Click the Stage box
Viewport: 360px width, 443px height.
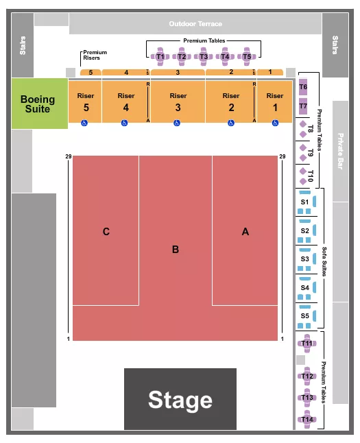point(180,399)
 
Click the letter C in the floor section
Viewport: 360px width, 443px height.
point(106,232)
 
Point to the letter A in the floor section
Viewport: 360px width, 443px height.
point(245,232)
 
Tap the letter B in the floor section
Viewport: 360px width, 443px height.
point(176,250)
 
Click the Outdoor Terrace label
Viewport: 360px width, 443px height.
point(195,24)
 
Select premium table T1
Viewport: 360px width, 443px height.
point(160,56)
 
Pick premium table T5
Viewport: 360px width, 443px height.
point(247,56)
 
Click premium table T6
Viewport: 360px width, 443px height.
point(303,87)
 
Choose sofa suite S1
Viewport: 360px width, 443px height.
point(305,202)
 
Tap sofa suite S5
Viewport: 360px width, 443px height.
point(305,316)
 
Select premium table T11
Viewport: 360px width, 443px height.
point(307,343)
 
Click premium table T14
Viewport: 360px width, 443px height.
point(307,419)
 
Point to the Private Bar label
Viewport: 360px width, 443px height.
point(340,151)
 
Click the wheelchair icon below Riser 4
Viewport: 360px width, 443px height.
point(124,123)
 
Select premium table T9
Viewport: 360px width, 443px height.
point(309,152)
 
